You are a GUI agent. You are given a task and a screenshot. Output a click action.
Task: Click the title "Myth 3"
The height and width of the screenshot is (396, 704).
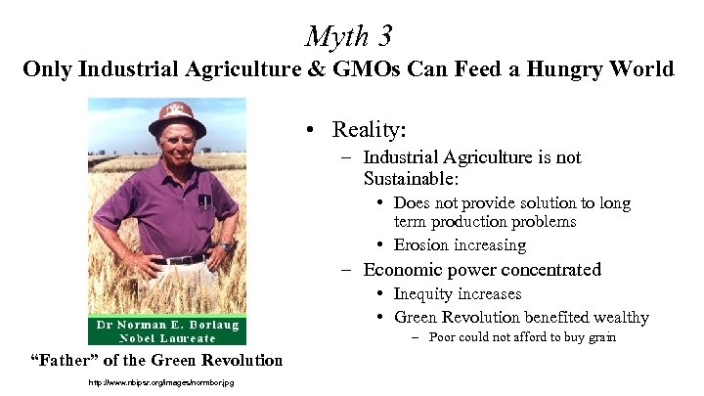349,36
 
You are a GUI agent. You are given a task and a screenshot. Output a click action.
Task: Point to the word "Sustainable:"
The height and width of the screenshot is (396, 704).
409,179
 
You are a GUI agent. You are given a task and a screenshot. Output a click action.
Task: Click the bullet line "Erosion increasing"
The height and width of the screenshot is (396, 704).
460,244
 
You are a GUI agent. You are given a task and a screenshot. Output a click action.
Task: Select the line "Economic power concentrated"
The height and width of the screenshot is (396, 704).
482,269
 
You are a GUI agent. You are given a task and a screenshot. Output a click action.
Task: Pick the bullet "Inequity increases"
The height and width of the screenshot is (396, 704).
457,293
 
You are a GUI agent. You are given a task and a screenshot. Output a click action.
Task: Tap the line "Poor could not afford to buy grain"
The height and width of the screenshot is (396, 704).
500,337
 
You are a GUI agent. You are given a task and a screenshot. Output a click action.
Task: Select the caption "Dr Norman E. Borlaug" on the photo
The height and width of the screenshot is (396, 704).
167,325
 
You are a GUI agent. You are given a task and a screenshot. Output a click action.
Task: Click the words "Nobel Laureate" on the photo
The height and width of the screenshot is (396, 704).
167,337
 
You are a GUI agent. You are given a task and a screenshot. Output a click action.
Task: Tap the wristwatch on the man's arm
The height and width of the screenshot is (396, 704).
226,245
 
